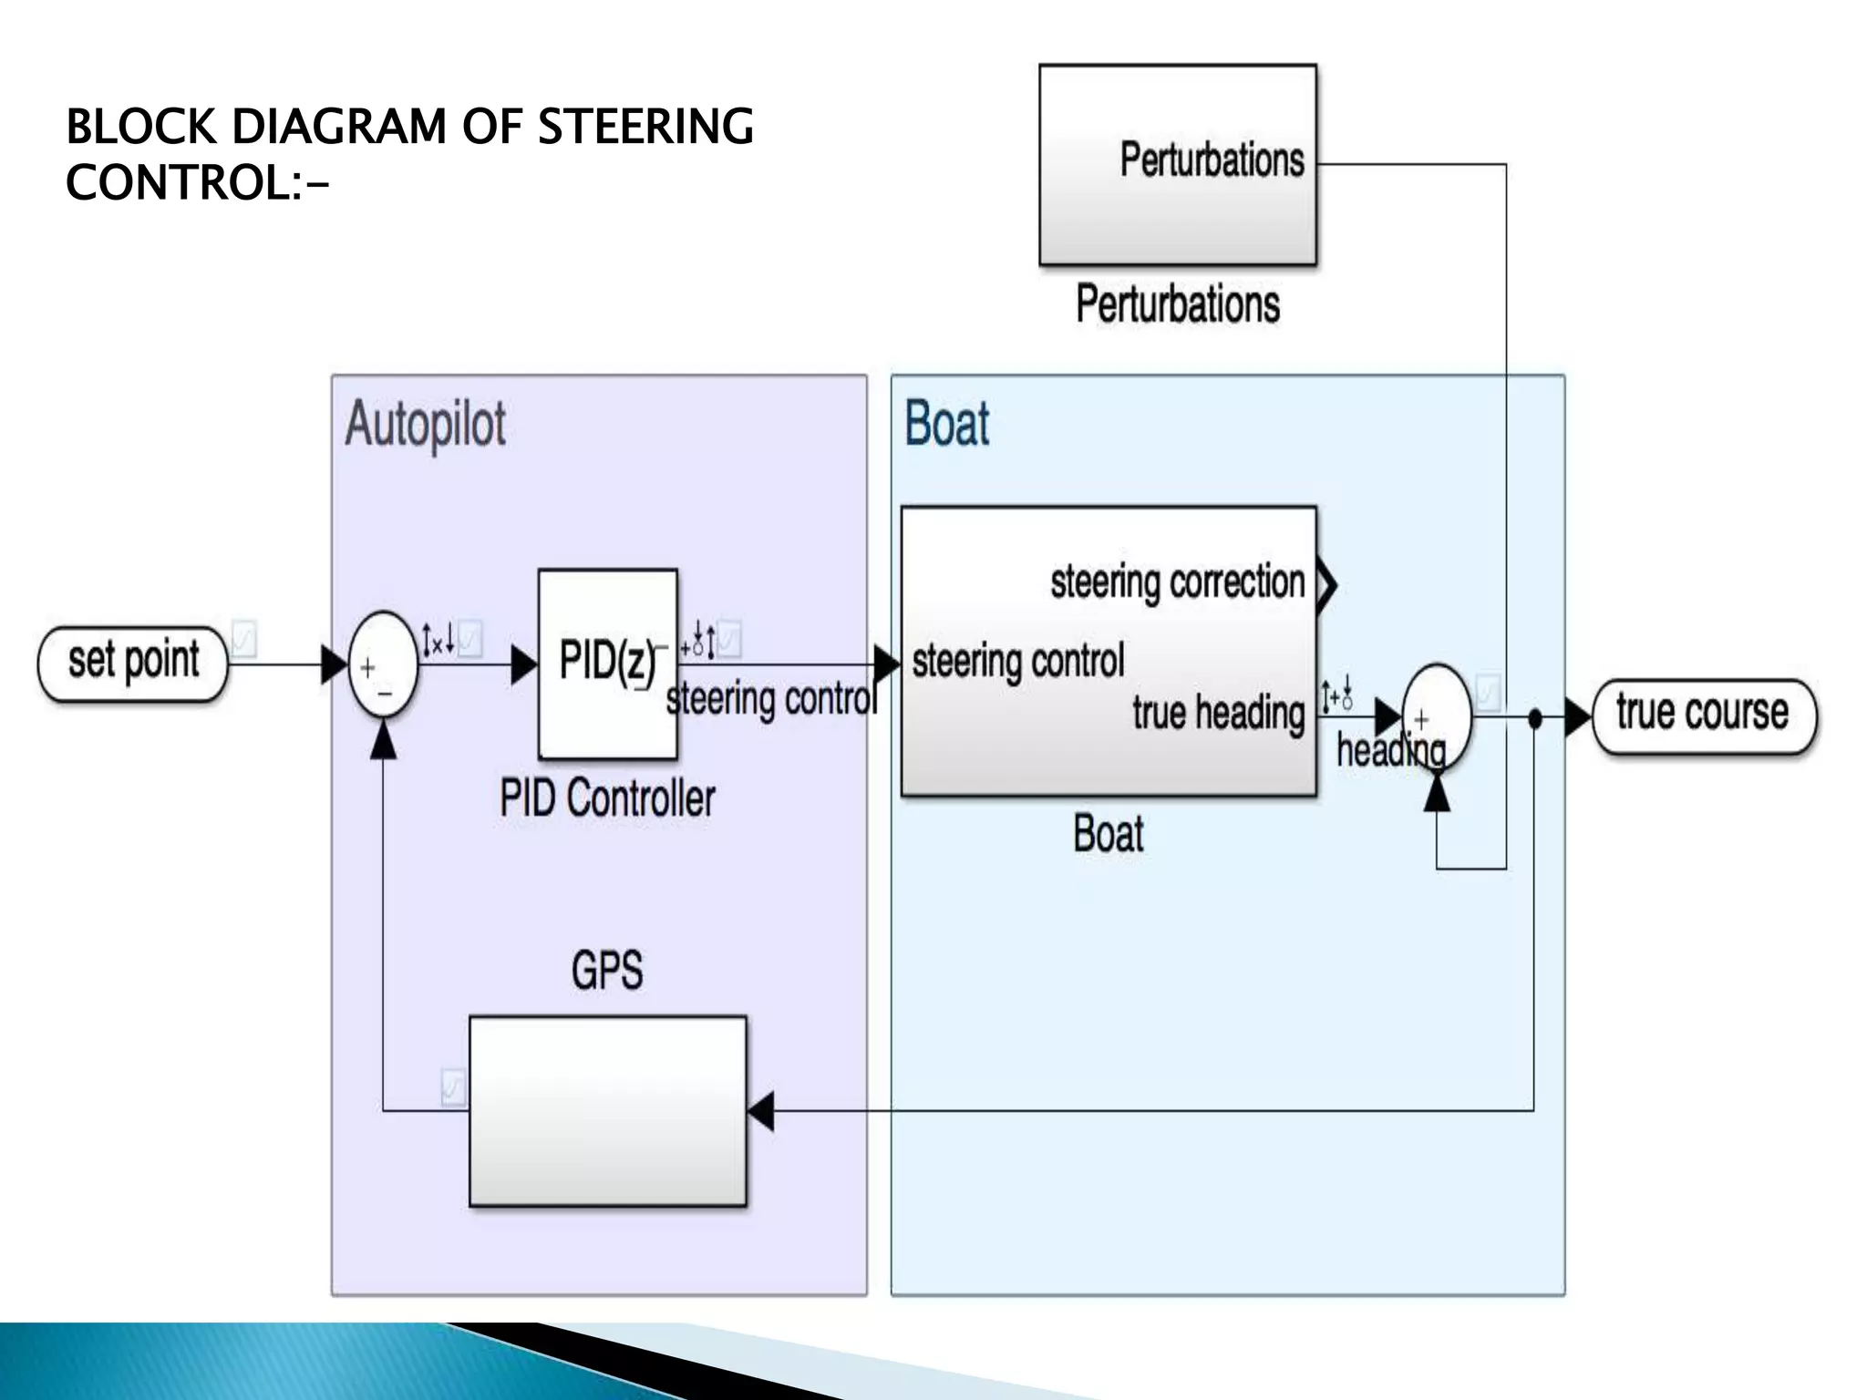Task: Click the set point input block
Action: click(133, 663)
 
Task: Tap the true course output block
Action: click(1703, 715)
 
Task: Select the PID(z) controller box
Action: click(607, 664)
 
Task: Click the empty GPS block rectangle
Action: click(607, 1111)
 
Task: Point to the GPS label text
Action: click(607, 970)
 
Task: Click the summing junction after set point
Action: click(383, 665)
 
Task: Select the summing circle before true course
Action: click(1436, 718)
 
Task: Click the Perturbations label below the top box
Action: click(1178, 304)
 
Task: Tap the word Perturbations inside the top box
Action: click(1212, 160)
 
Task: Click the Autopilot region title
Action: click(425, 425)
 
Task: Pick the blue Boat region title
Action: click(946, 425)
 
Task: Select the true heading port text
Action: click(1218, 714)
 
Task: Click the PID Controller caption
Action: click(607, 798)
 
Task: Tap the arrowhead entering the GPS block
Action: click(761, 1110)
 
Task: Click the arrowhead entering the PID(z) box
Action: click(524, 664)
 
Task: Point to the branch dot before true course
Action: click(1534, 718)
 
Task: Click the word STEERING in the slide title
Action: click(645, 127)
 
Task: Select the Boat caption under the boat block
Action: click(1108, 834)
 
